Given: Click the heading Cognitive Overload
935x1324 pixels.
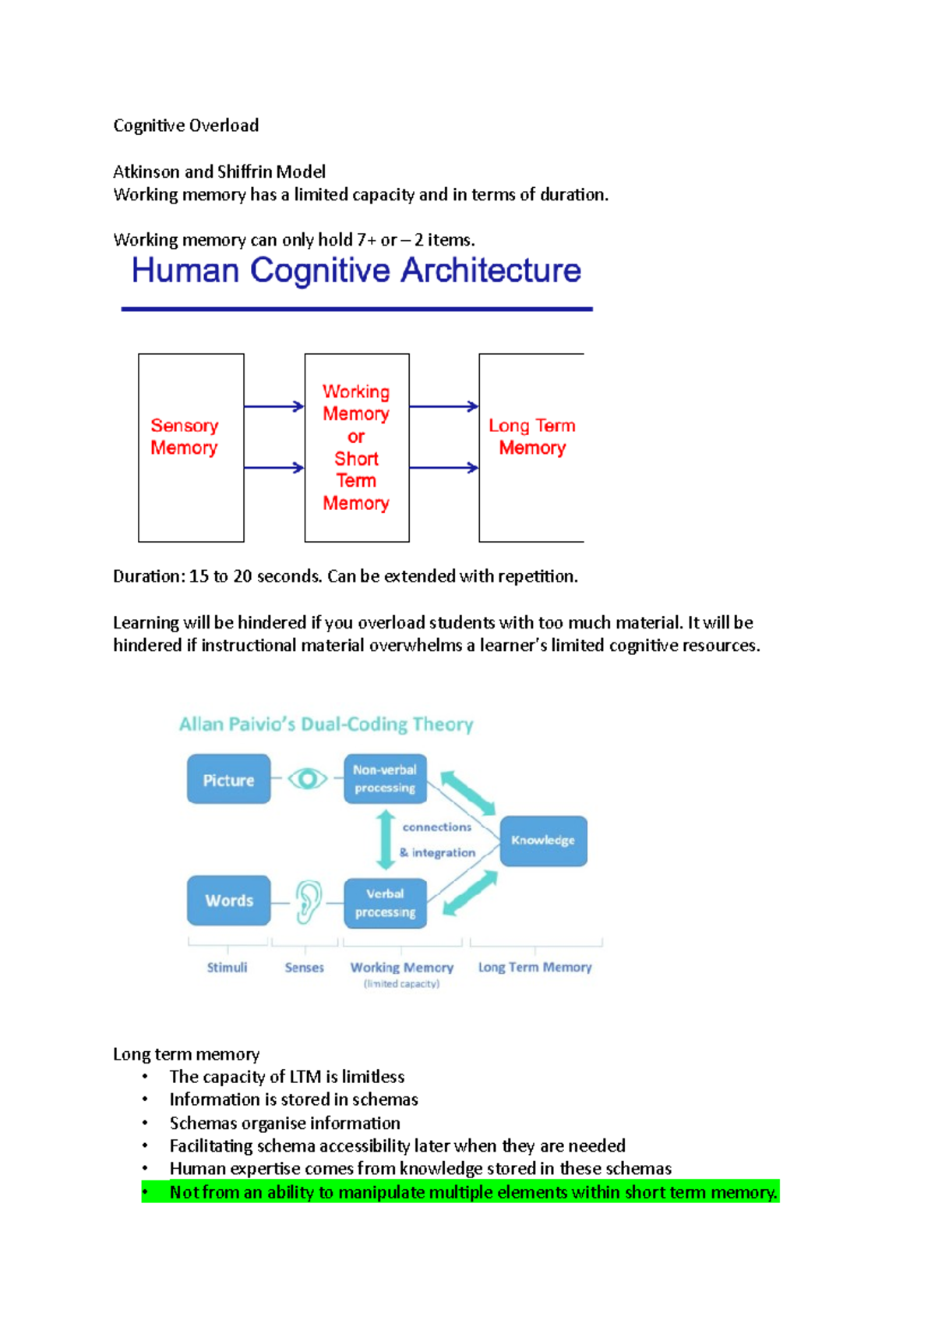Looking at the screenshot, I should (x=185, y=126).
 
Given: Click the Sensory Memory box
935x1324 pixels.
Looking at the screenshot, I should (x=191, y=448).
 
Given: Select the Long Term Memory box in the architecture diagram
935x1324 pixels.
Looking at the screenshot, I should (x=531, y=448).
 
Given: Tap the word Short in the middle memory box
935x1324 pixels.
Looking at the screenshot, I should (x=356, y=458).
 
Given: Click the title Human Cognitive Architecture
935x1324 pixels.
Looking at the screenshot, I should (x=356, y=271).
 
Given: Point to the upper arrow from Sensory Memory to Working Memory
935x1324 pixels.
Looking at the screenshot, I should (x=273, y=406).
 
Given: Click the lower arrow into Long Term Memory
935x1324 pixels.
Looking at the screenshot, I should (x=443, y=468).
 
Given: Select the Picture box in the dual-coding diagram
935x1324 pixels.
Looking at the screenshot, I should (x=228, y=780).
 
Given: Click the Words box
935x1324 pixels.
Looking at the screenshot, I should (x=228, y=901).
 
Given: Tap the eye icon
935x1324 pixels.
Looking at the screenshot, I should (x=307, y=779).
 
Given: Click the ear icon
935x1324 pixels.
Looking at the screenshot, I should (x=308, y=901).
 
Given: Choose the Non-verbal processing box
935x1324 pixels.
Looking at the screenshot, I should (x=385, y=779).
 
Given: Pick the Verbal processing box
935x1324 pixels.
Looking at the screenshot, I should (x=385, y=903).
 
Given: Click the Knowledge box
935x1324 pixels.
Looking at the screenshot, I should (x=543, y=841).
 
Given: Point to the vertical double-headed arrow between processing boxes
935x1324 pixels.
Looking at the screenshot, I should (x=385, y=840).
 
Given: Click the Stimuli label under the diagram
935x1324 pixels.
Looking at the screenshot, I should (x=227, y=967).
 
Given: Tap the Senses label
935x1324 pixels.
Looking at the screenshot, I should (x=304, y=967).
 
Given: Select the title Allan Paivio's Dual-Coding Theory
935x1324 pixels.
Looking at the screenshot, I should (x=326, y=724).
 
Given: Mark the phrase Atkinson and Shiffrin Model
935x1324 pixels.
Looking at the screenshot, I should (x=219, y=172).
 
